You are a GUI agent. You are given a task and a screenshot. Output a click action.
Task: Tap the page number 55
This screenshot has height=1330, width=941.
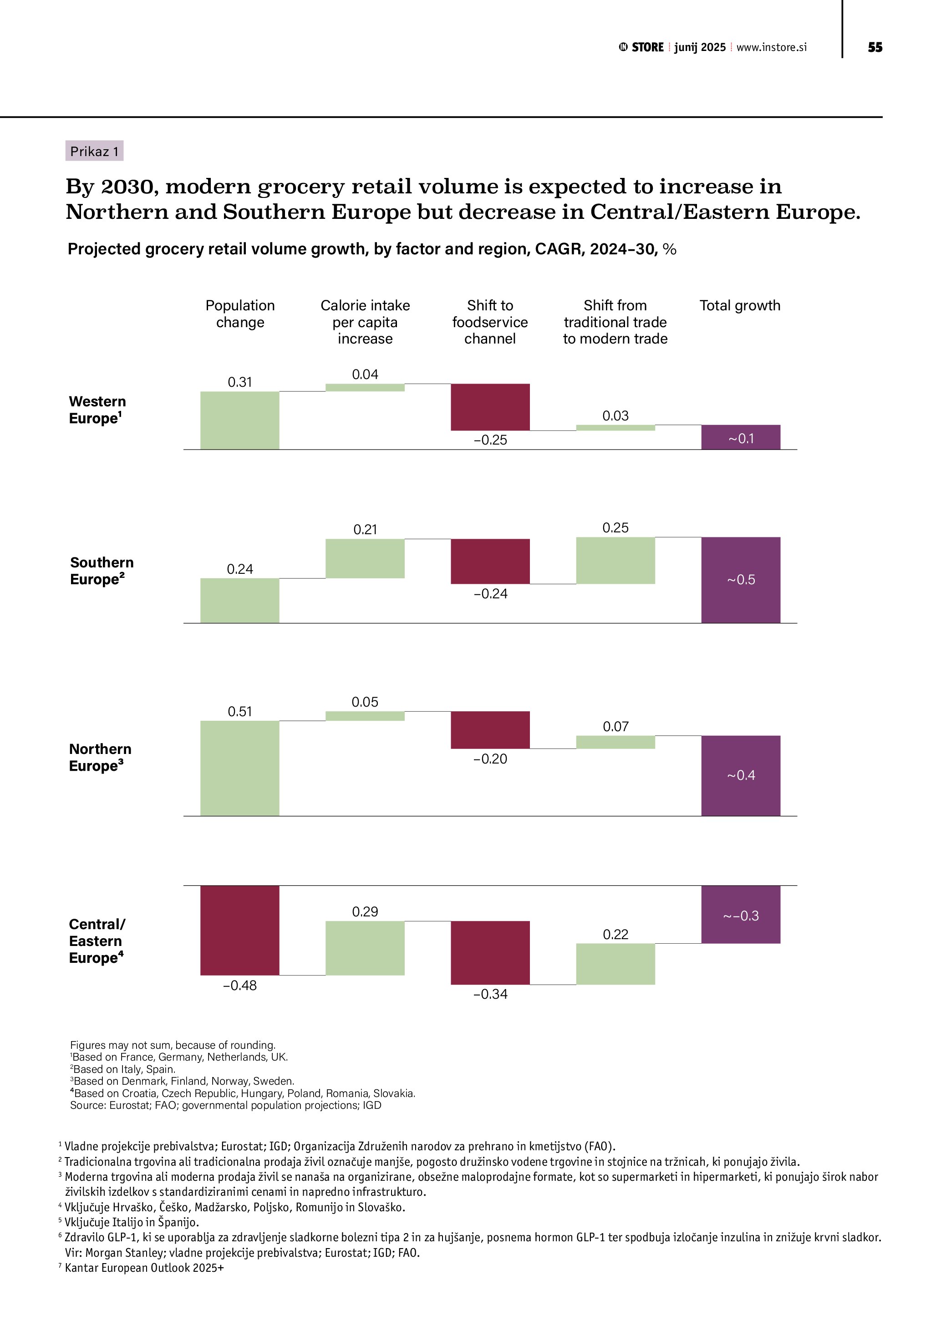pos(875,47)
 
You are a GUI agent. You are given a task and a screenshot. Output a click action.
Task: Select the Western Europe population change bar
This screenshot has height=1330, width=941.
pos(240,420)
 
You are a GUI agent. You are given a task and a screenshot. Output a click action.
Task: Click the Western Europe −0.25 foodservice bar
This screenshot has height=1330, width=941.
pos(490,407)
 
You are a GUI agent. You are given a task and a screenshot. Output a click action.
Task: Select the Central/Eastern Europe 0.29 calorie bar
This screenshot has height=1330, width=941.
pos(365,948)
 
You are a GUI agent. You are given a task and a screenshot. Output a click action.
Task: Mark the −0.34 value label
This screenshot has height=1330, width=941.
pos(490,994)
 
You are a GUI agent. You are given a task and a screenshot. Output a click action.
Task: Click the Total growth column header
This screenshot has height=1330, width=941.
pos(740,305)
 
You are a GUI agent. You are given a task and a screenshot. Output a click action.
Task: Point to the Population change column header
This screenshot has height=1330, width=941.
pos(240,314)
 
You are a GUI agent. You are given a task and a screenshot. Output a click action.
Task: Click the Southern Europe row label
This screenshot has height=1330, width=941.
pos(102,571)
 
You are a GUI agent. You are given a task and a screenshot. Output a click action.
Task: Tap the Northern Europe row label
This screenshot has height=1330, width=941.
pos(100,757)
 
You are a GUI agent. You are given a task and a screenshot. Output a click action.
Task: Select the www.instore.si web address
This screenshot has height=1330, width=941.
pos(771,47)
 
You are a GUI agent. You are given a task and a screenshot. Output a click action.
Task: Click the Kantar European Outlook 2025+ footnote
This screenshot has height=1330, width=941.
pos(144,1268)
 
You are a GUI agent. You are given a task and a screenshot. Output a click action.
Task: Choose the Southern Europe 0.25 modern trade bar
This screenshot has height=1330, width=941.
pos(615,560)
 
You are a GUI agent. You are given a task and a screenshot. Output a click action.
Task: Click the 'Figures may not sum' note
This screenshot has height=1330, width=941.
pos(173,1045)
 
